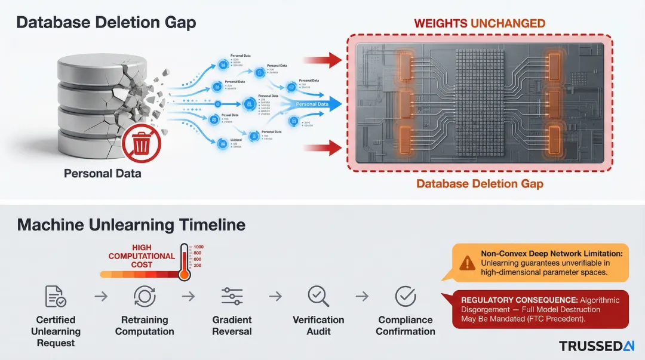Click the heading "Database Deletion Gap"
pyautogui.click(x=106, y=23)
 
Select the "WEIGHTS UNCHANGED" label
pyautogui.click(x=480, y=24)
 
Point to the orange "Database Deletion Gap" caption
pyautogui.click(x=480, y=183)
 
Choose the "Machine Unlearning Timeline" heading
pyautogui.click(x=131, y=224)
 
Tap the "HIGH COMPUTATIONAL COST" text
pyautogui.click(x=142, y=256)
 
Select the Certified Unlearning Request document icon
pyautogui.click(x=56, y=296)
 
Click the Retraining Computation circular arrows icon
pyautogui.click(x=145, y=296)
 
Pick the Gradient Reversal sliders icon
pyautogui.click(x=232, y=296)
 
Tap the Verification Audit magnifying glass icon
pyautogui.click(x=318, y=296)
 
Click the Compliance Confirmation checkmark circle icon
pyautogui.click(x=406, y=296)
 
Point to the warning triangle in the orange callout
pyautogui.click(x=467, y=263)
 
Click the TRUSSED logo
pyautogui.click(x=596, y=346)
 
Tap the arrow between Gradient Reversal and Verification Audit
pyautogui.click(x=275, y=296)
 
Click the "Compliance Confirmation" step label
pyautogui.click(x=406, y=325)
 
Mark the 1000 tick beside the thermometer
pyautogui.click(x=198, y=247)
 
